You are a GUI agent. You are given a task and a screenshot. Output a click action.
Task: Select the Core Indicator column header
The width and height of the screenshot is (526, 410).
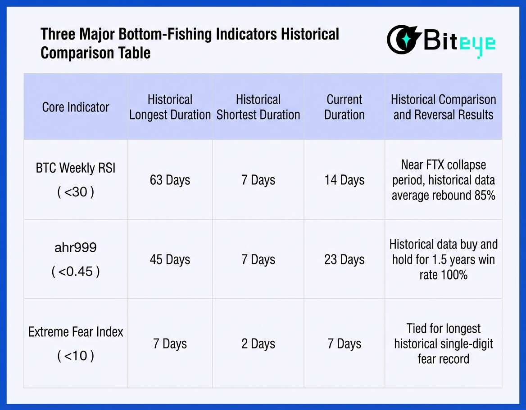[76, 107]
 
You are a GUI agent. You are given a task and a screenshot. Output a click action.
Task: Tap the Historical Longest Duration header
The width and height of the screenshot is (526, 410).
[170, 107]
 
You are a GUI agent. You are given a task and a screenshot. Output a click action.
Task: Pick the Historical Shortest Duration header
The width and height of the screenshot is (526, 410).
[258, 107]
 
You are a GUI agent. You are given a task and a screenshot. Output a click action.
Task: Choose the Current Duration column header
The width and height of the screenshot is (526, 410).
[345, 107]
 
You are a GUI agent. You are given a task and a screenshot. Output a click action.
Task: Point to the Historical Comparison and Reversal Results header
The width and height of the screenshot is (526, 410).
[443, 107]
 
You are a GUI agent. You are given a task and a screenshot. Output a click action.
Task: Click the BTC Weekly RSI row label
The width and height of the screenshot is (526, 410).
[76, 180]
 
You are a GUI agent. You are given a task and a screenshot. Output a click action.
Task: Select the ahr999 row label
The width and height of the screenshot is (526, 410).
[76, 259]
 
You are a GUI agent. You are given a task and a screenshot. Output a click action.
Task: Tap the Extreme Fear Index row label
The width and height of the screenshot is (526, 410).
[76, 343]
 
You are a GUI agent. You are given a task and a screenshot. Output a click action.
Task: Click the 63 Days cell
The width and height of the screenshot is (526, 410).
[170, 180]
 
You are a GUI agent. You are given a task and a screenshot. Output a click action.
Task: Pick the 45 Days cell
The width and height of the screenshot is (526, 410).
[170, 259]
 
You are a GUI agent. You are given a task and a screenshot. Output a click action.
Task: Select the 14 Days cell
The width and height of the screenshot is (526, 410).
[345, 180]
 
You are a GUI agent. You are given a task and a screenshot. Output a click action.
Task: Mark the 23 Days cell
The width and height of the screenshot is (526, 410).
[345, 259]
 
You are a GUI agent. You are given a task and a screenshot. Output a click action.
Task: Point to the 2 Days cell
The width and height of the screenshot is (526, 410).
[258, 344]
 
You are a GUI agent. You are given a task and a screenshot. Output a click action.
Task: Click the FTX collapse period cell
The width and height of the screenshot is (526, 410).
[443, 180]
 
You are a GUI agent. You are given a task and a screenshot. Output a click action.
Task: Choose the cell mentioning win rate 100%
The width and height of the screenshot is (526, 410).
[443, 259]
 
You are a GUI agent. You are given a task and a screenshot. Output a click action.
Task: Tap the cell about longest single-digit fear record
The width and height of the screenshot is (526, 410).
[443, 343]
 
